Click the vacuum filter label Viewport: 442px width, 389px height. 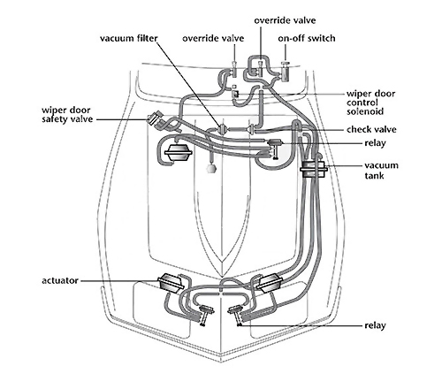(129, 38)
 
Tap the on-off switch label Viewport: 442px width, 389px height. (307, 38)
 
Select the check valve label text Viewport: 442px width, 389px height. (371, 129)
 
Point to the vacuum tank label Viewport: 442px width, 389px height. (381, 171)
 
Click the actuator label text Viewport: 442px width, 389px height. (60, 280)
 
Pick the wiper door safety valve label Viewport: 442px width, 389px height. (67, 114)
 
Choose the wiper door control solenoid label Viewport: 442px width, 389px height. (370, 103)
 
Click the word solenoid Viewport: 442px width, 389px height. (365, 111)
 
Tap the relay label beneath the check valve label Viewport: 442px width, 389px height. (375, 143)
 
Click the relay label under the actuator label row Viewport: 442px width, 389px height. (375, 325)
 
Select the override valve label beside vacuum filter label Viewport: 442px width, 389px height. (213, 38)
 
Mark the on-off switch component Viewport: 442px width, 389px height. (285, 72)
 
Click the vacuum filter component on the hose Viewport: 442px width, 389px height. (222, 129)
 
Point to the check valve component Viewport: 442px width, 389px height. (251, 129)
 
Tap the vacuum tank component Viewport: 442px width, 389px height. (314, 169)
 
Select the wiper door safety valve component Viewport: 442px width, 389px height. (156, 119)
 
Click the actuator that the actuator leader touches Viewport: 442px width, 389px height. (171, 283)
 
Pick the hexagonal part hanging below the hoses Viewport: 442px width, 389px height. (211, 168)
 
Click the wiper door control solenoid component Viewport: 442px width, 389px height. (236, 94)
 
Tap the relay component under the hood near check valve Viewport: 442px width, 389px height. (275, 148)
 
